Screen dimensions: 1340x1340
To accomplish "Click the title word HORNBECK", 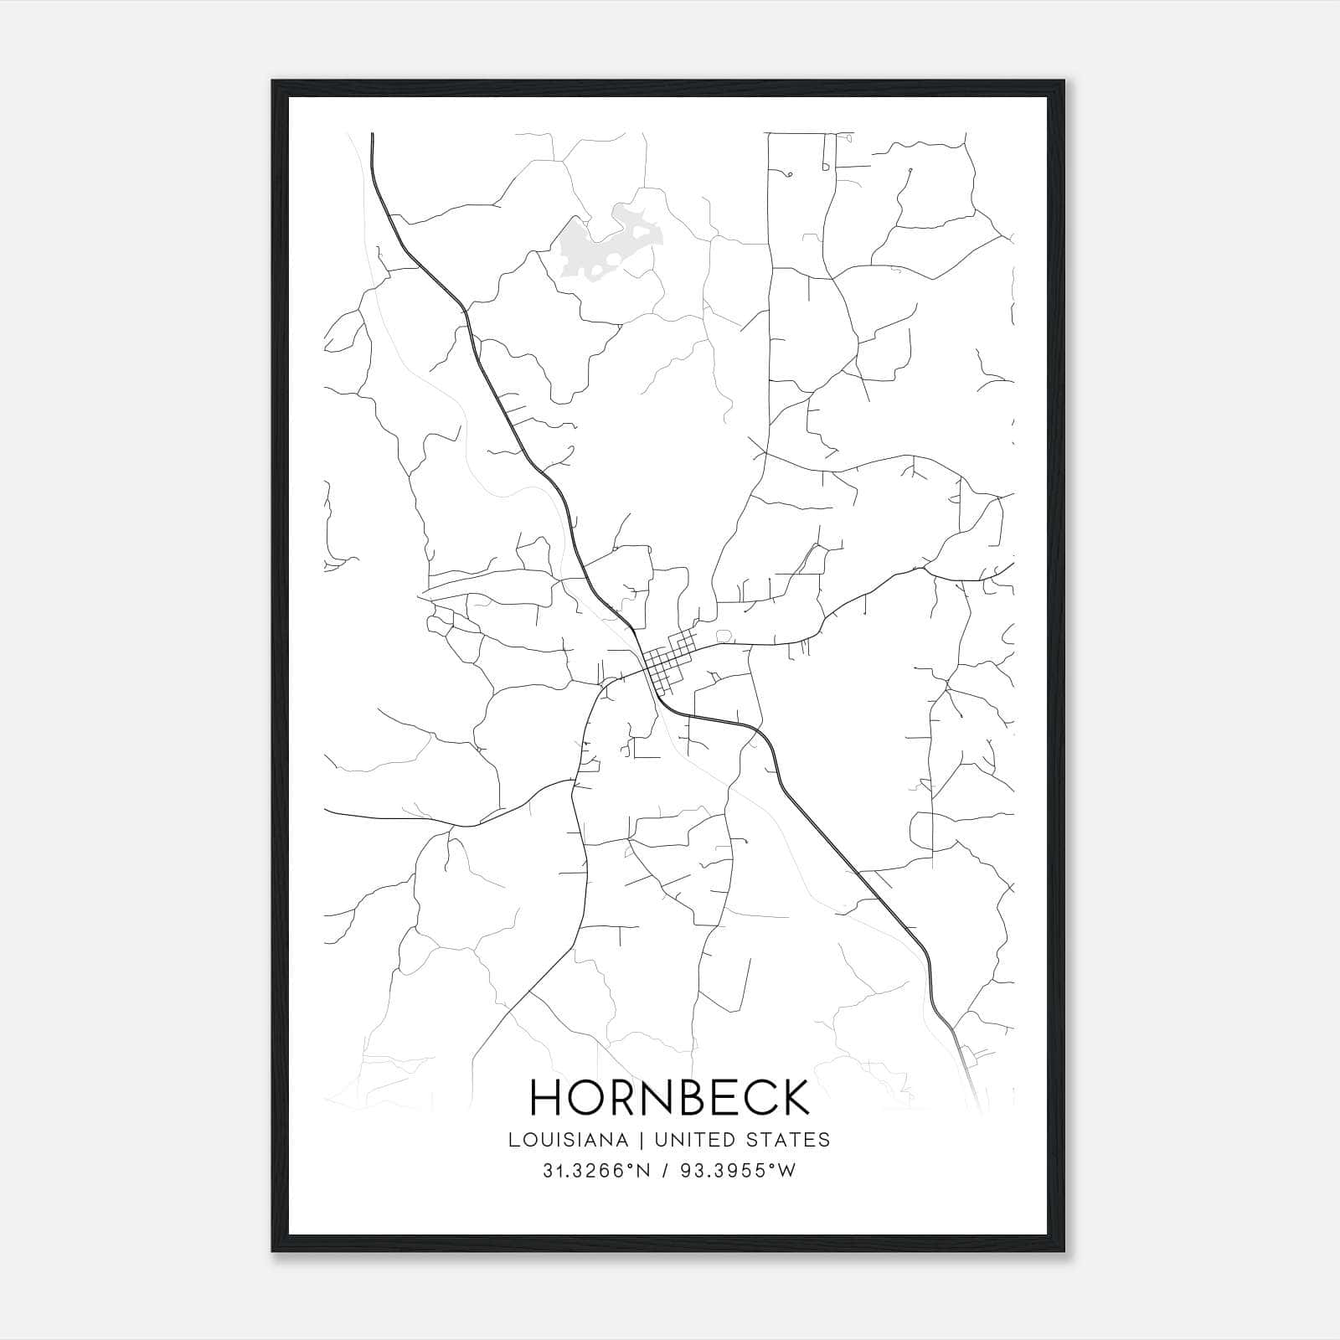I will click(x=670, y=1097).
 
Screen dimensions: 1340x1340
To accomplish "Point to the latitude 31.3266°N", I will click(x=596, y=1171).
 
